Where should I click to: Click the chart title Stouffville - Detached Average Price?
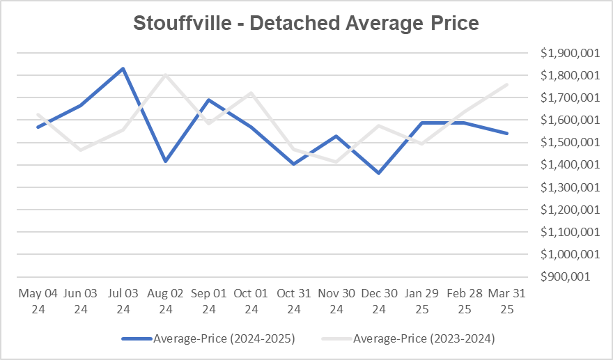(306, 24)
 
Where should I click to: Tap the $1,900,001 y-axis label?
(566, 53)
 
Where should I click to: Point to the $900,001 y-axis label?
(569, 276)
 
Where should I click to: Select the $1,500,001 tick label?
(566, 142)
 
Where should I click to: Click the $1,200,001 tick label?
(566, 210)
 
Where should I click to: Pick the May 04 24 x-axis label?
(38, 301)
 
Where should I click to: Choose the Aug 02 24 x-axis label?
(166, 301)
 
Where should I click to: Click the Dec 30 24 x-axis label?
(379, 301)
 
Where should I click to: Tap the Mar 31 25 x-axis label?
(507, 301)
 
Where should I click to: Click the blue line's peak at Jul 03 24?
(123, 68)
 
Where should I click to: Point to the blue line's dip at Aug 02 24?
(166, 161)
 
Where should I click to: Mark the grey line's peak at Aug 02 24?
(166, 75)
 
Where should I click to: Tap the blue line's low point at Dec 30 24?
(379, 173)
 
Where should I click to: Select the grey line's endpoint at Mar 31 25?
(507, 84)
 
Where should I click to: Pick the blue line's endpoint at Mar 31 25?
(507, 133)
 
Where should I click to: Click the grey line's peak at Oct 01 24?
(251, 93)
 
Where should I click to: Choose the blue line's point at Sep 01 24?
(208, 100)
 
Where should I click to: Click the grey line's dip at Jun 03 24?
(80, 150)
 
